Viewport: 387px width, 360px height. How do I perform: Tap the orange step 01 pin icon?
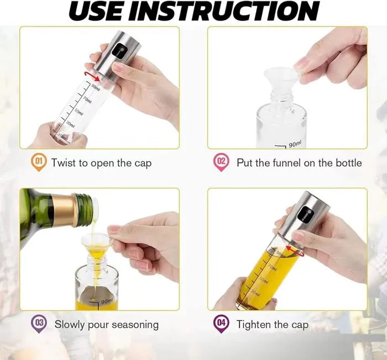[39, 163]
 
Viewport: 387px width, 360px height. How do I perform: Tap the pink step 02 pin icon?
[221, 163]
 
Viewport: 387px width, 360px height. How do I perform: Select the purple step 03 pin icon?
[39, 324]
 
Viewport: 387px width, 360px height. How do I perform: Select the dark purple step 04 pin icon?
[221, 324]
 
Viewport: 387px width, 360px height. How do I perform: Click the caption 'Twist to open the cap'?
[101, 163]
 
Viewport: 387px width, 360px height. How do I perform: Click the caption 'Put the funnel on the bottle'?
[299, 163]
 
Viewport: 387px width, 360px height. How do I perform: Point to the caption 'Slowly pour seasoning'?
[106, 325]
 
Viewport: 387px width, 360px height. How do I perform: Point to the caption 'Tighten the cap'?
[273, 325]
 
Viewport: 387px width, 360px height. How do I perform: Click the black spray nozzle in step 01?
[118, 53]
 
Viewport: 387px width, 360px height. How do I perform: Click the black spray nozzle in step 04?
[305, 215]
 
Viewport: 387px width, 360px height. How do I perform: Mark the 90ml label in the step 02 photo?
[295, 144]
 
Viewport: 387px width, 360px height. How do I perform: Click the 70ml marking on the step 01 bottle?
[86, 100]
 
